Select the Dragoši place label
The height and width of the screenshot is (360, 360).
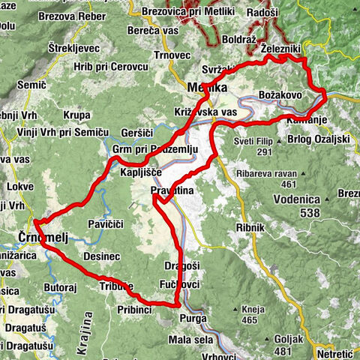180,266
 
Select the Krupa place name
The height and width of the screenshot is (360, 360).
77,115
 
